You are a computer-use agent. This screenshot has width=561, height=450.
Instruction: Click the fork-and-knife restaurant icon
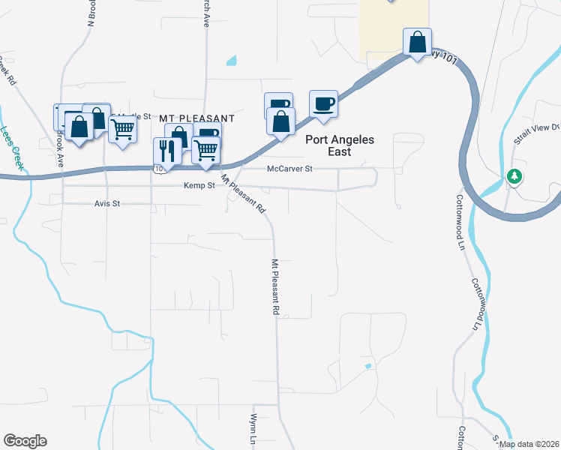[x=167, y=151]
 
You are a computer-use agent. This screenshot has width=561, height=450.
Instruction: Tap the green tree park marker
[x=514, y=177]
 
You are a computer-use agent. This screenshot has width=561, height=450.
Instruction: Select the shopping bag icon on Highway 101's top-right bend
[x=417, y=42]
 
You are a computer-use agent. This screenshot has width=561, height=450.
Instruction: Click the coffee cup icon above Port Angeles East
[x=323, y=103]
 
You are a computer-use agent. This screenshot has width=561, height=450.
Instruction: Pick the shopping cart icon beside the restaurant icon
[x=205, y=149]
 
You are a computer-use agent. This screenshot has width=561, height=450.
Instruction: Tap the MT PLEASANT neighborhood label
[x=197, y=118]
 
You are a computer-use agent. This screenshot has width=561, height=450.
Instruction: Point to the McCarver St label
[x=289, y=169]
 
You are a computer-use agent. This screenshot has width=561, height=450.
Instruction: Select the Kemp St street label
[x=197, y=184]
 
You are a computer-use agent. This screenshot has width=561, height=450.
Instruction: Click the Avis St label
[x=107, y=203]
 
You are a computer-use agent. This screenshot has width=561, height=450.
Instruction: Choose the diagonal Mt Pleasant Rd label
[x=243, y=194]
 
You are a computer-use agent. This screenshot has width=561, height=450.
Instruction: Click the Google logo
[x=25, y=441]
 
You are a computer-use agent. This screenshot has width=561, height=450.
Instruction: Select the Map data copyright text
[x=529, y=444]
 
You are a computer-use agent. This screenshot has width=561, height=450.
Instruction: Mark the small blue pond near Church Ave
[x=231, y=60]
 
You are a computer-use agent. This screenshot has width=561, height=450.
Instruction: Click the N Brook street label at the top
[x=92, y=13]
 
